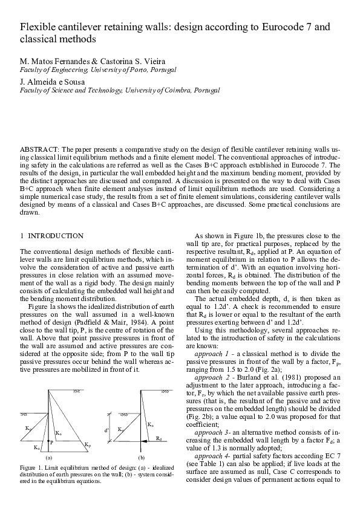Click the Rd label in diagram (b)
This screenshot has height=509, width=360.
(x=159, y=436)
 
